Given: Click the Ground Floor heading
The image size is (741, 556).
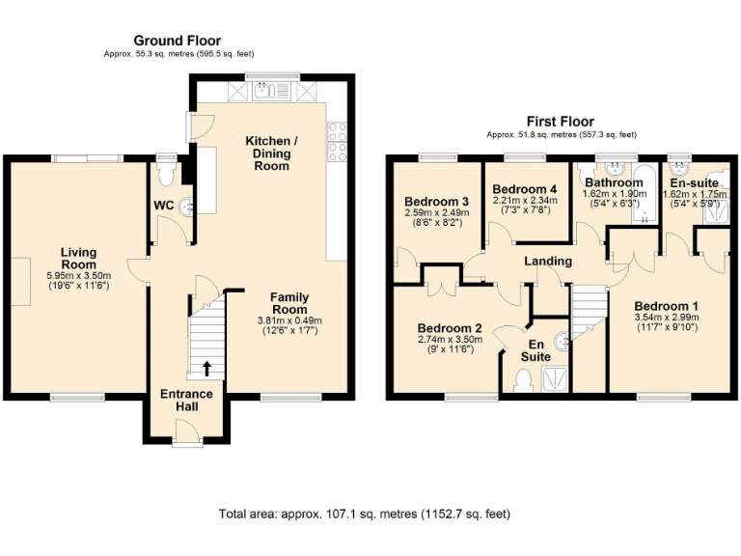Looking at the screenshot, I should tap(177, 41).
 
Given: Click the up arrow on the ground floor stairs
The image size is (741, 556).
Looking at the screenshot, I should tap(207, 368).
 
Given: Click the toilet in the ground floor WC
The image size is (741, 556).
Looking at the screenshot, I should tap(168, 174).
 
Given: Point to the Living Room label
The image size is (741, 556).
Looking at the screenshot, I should tap(79, 259).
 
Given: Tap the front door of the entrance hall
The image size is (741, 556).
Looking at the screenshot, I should tap(186, 440).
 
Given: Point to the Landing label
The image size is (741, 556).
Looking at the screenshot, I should tap(547, 261).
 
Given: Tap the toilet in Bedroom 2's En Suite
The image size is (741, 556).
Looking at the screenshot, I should tap(522, 382).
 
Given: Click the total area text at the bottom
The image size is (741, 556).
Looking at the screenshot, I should tap(365, 514).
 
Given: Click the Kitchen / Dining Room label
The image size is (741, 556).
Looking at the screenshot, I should tap(271, 153).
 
